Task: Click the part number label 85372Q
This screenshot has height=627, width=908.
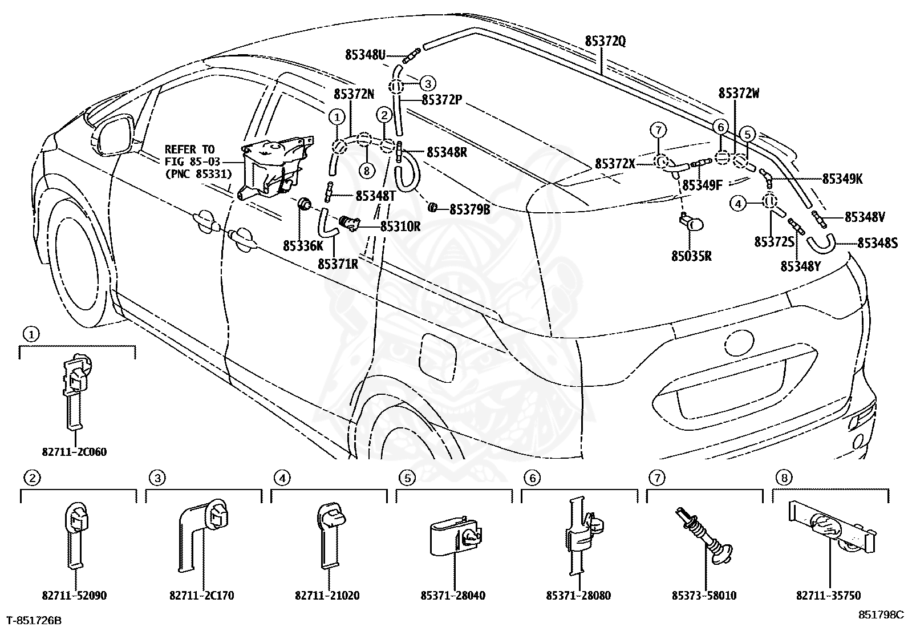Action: click(605, 42)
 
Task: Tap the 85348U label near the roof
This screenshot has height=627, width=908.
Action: click(365, 55)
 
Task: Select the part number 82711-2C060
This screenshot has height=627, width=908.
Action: click(75, 452)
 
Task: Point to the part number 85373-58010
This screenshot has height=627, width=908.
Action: click(704, 596)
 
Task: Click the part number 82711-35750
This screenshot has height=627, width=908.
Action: click(829, 596)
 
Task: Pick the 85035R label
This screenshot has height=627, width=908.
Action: click(691, 256)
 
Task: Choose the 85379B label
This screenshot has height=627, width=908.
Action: click(470, 210)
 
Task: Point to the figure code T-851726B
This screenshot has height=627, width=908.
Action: click(34, 620)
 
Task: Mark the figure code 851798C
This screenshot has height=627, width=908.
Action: click(881, 614)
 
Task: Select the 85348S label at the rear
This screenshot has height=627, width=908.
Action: click(878, 243)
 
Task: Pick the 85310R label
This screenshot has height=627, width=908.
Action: click(400, 226)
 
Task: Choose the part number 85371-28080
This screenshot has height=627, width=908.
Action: click(579, 596)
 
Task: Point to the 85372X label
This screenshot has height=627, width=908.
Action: click(615, 163)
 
